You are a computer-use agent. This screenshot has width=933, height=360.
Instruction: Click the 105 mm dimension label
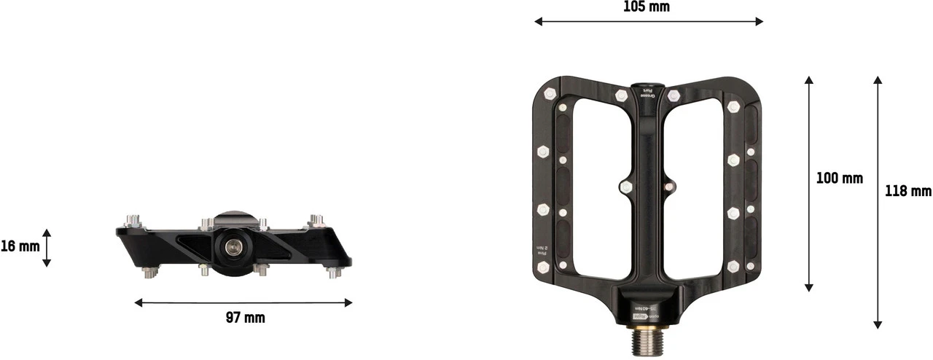point(647,7)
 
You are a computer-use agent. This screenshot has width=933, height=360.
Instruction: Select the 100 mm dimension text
point(839,178)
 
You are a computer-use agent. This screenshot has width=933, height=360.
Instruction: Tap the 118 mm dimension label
point(908,191)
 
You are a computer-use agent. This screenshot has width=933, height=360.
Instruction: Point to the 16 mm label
point(20,246)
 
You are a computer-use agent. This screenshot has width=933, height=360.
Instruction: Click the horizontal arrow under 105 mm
point(648,22)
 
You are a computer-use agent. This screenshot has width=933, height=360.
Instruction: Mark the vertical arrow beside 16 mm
point(47,248)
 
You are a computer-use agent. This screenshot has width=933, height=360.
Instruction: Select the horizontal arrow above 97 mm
point(243,302)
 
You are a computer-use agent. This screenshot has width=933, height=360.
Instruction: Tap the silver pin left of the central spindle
point(625,187)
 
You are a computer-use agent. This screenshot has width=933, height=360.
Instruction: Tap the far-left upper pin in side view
point(132,219)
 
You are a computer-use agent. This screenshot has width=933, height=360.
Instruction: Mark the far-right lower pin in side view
point(335,273)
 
